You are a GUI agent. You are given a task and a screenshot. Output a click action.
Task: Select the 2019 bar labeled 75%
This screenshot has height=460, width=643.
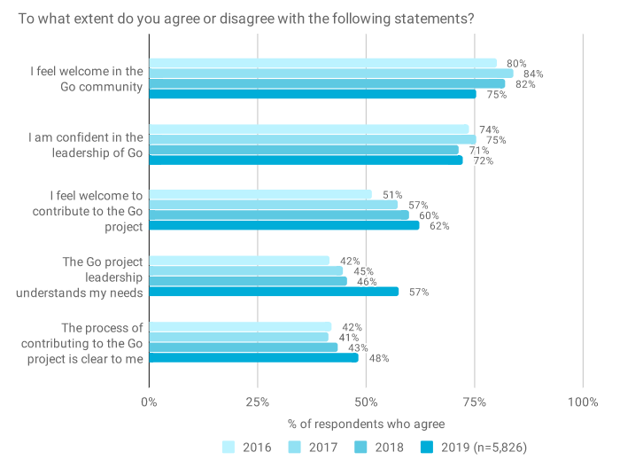312,94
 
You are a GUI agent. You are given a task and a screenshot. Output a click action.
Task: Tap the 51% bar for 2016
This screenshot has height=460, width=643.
260,195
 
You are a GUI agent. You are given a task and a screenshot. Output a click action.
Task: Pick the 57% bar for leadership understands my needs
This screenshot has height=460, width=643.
274,292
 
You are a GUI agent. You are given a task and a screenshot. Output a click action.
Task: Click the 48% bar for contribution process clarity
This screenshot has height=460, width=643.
253,358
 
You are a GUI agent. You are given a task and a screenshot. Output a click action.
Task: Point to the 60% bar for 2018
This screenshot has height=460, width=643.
279,215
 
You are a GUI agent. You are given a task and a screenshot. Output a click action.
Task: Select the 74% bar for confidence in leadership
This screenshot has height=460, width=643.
308,129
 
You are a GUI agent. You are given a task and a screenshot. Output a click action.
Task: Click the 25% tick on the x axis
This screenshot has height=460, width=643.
258,401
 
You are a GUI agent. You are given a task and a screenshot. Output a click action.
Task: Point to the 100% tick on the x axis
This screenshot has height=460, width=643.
583,401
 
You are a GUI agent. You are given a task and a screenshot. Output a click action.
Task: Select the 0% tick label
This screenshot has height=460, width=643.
149,401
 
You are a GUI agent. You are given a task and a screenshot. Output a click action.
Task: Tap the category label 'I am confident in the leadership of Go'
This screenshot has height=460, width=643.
85,145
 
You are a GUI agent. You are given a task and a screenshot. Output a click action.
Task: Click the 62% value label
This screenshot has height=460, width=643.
439,226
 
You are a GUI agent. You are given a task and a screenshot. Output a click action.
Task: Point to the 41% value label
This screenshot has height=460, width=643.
349,338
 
